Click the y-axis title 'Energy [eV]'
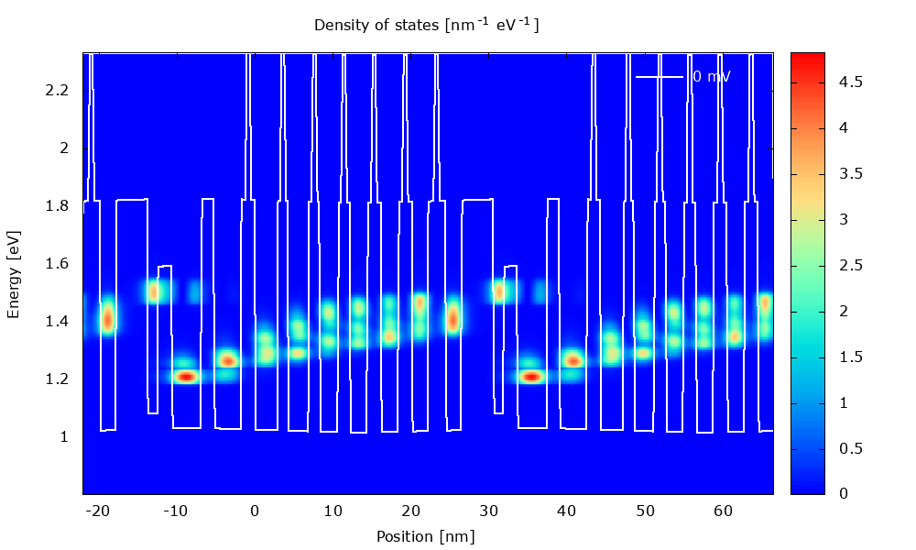[14, 274]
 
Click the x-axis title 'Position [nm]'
[426, 536]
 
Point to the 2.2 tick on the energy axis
[57, 91]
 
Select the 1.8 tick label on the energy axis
[57, 206]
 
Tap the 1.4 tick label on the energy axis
[57, 322]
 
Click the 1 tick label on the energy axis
[63, 437]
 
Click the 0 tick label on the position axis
[255, 511]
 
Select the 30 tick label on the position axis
[488, 511]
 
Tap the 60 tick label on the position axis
[723, 511]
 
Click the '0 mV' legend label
[712, 77]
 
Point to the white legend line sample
[660, 77]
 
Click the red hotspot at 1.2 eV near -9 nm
[186, 376]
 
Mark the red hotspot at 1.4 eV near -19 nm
[107, 319]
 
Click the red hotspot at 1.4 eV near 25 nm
[453, 319]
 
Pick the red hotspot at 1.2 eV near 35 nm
[530, 376]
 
